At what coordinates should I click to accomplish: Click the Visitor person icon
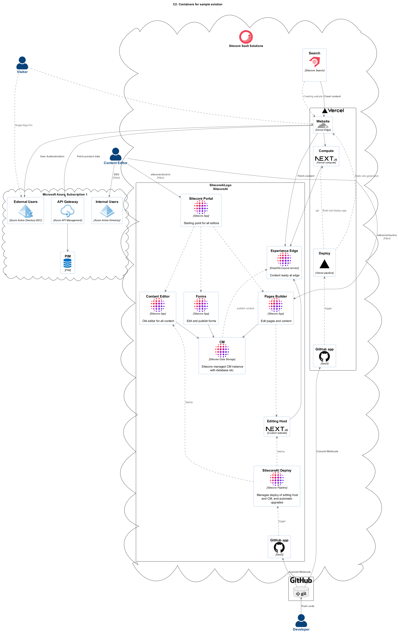click(x=22, y=63)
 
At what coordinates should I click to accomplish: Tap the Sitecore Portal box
click(x=201, y=210)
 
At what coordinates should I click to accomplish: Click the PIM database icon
click(x=68, y=263)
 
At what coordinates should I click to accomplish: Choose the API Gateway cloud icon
click(x=68, y=211)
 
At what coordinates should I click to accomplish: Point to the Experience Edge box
click(x=284, y=263)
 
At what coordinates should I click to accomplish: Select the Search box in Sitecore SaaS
click(x=314, y=65)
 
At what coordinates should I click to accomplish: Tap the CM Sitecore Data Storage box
click(x=222, y=356)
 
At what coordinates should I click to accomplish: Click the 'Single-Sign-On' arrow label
click(x=24, y=125)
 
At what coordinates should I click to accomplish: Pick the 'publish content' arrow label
click(x=245, y=308)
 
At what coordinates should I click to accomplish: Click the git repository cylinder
click(x=301, y=593)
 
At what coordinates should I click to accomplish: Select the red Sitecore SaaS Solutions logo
click(x=246, y=37)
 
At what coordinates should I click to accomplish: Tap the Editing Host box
click(x=277, y=427)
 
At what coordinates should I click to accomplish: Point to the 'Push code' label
click(x=308, y=606)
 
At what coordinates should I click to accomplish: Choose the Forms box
click(x=201, y=308)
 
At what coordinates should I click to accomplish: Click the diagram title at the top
click(x=197, y=4)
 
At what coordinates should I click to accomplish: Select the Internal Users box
click(x=107, y=210)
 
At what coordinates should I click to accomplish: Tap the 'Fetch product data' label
click(x=88, y=156)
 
